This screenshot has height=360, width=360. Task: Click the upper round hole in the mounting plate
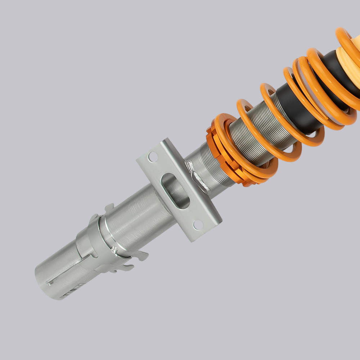[153, 157]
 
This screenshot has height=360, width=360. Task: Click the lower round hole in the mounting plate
[198, 225]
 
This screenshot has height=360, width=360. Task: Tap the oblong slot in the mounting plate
[175, 191]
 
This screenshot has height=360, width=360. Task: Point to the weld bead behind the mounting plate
[197, 177]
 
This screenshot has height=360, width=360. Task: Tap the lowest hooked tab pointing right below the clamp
[124, 268]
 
